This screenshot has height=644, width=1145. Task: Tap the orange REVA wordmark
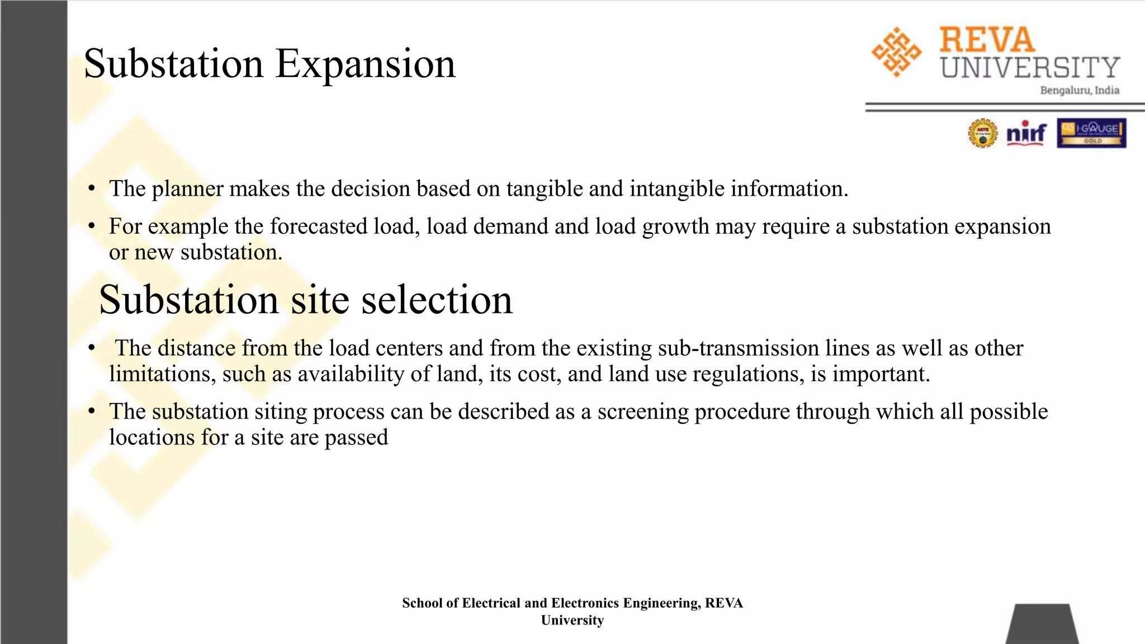click(987, 40)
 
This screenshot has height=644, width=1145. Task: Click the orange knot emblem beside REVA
click(896, 52)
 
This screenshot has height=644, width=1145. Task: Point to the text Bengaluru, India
click(1079, 91)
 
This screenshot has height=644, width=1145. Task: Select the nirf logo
click(1026, 133)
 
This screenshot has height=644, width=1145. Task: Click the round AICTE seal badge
click(982, 134)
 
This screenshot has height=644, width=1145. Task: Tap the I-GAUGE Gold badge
click(1091, 133)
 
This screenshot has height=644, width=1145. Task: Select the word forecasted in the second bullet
click(319, 226)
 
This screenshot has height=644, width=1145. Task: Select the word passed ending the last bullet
click(356, 438)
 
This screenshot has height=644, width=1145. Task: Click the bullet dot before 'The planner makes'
click(92, 189)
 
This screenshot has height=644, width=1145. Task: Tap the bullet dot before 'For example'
click(92, 226)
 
